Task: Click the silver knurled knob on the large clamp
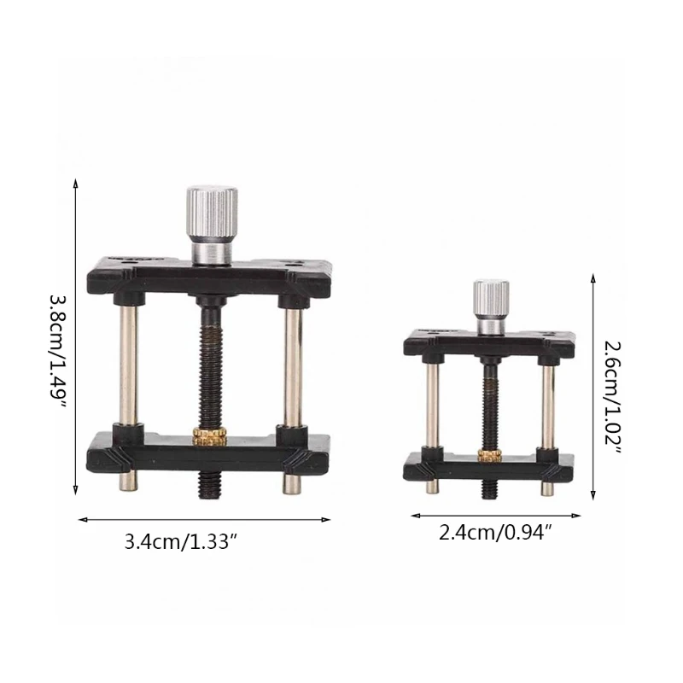(212, 225)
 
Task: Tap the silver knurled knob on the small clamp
(492, 307)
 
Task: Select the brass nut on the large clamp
(210, 437)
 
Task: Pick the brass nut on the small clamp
(490, 456)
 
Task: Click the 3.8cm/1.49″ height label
(58, 351)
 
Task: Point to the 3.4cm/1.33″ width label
(181, 542)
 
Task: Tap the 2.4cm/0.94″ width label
(495, 532)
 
